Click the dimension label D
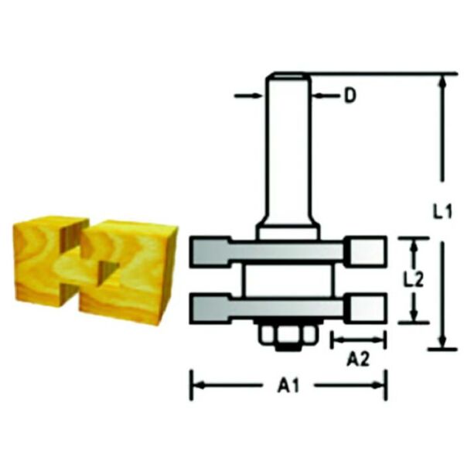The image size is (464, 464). pyautogui.click(x=350, y=97)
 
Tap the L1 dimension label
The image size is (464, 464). pyautogui.click(x=442, y=210)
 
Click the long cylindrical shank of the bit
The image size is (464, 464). pyautogui.click(x=288, y=147)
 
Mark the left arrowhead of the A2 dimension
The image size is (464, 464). pyautogui.click(x=336, y=339)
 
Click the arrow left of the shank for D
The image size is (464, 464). pyautogui.click(x=258, y=97)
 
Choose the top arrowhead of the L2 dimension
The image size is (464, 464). pyautogui.click(x=415, y=244)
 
